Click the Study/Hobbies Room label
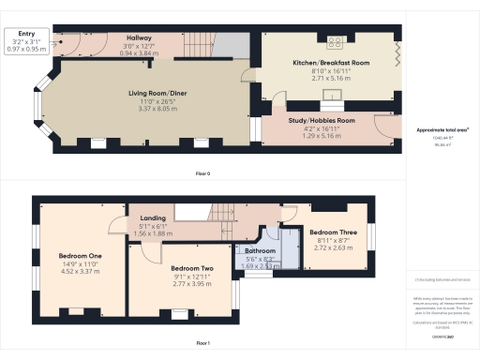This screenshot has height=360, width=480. tap(320, 121)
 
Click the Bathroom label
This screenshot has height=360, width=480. tap(260, 251)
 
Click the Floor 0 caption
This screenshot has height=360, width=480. tap(202, 174)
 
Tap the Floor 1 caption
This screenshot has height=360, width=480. tap(202, 344)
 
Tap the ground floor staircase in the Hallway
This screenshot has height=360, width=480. tap(202, 42)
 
